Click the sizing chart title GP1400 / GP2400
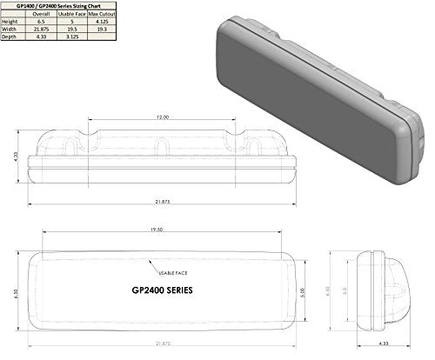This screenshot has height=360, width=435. coord(54,3)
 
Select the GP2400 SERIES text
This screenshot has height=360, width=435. coord(163,289)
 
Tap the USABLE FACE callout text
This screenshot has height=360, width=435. coord(163,271)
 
